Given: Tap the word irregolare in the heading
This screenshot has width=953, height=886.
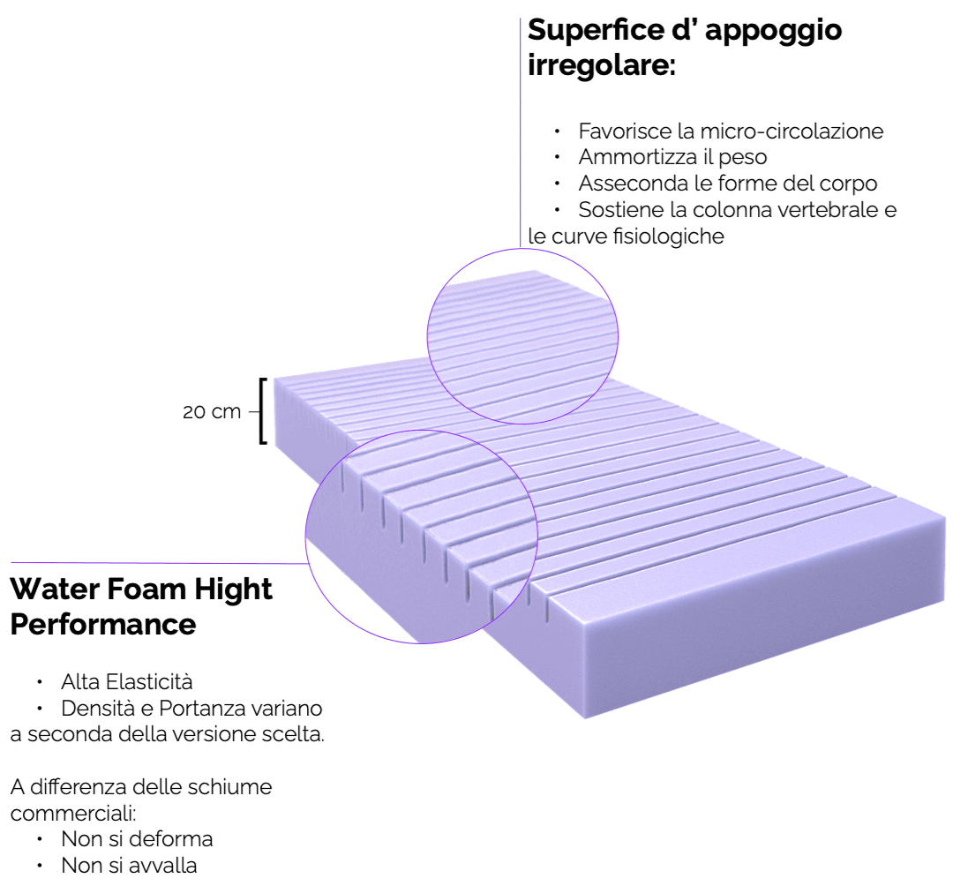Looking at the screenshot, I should [x=601, y=65].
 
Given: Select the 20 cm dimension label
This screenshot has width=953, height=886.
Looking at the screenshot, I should [x=212, y=411].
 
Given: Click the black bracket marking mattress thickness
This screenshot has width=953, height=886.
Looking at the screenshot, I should [x=262, y=410].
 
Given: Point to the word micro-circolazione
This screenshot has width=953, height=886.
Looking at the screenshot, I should [x=792, y=131].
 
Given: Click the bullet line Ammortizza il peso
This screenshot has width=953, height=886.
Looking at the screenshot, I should [x=672, y=158].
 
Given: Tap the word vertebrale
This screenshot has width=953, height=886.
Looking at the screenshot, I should [x=829, y=211].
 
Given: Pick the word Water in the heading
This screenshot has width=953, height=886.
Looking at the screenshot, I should [x=52, y=589].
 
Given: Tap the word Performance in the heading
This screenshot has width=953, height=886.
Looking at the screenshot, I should [x=102, y=624].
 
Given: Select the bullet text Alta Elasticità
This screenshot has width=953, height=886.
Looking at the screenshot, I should [x=126, y=682].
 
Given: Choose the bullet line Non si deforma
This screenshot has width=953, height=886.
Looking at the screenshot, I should [x=137, y=838].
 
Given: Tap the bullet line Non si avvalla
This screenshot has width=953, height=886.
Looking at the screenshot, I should [x=129, y=865].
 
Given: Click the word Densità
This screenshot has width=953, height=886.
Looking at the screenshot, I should [x=94, y=709].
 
